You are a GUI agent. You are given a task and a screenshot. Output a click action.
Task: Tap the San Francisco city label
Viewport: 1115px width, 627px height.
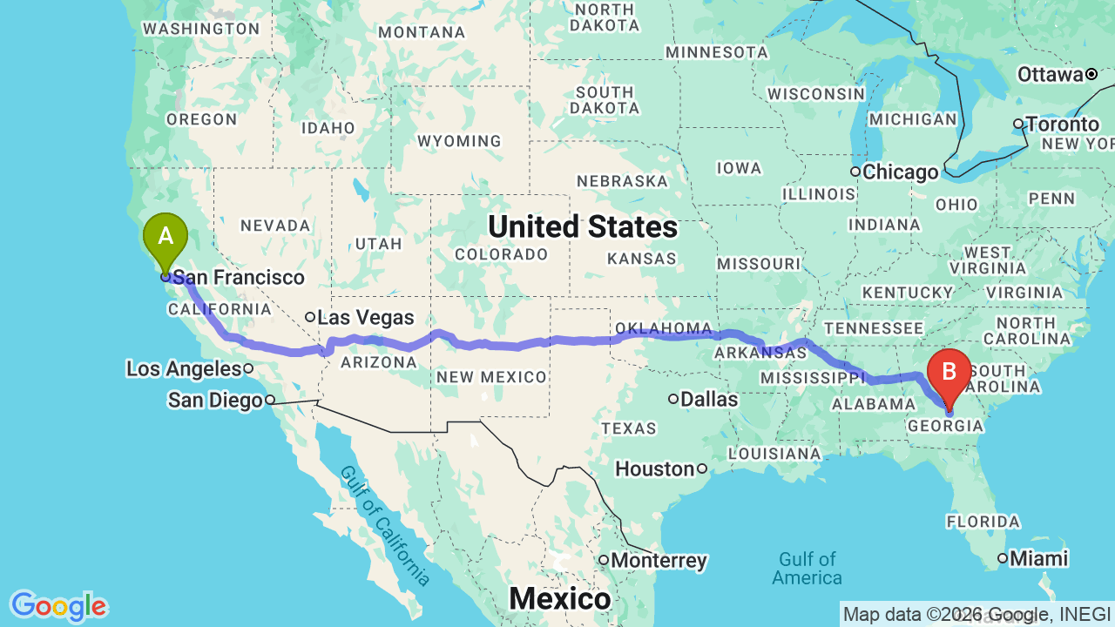pos(238,278)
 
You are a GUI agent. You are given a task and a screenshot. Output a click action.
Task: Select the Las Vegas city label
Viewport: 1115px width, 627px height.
pos(365,317)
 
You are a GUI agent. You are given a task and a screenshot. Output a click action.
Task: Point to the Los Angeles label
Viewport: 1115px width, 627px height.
pos(183,369)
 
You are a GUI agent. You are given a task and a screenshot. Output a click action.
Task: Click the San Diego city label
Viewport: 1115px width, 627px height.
pos(215,401)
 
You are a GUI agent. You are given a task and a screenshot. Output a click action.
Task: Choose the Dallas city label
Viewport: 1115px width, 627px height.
pos(710,400)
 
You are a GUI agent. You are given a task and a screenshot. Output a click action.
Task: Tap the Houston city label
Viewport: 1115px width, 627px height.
pos(654,469)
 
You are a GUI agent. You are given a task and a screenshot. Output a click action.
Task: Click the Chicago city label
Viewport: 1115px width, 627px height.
pos(901,172)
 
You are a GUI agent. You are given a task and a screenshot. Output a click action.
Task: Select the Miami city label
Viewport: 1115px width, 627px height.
pos(1039,558)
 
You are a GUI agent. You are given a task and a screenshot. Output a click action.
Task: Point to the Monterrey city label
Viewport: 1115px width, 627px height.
pos(659,560)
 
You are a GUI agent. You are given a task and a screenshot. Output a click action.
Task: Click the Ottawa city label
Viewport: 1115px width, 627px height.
pos(1050,75)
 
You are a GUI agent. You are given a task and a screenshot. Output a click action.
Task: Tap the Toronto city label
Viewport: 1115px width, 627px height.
pos(1062,125)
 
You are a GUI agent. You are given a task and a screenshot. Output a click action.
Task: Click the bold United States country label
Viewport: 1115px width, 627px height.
pos(582,226)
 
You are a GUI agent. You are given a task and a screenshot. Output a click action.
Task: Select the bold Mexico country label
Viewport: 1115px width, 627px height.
pos(559,598)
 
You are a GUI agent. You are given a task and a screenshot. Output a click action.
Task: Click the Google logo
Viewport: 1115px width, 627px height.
pos(58,606)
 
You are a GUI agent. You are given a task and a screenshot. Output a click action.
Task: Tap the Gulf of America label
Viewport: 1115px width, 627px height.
pos(807,568)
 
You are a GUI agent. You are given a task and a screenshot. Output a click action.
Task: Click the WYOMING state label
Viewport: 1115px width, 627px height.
pos(459,141)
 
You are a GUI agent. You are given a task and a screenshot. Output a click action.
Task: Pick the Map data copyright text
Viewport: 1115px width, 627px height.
pos(976,615)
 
